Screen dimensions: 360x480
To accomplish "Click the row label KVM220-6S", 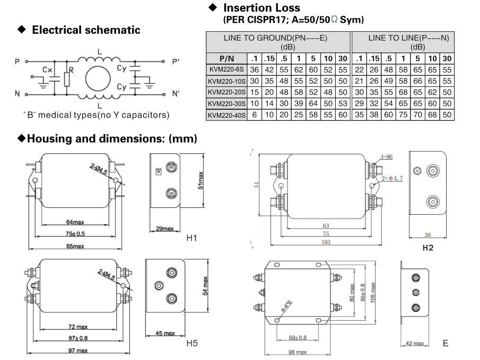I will (226, 69).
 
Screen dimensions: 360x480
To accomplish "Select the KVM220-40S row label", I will (226, 114).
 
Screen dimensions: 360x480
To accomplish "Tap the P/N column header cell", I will (226, 58).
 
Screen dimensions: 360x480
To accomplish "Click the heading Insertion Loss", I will (261, 8).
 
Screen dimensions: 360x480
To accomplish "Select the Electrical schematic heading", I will (86, 30).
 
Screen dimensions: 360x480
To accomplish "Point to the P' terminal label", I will (177, 62).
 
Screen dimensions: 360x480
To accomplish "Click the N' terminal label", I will (177, 94).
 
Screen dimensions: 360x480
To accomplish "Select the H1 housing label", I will (191, 238).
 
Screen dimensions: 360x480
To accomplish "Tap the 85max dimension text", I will (75, 247).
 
